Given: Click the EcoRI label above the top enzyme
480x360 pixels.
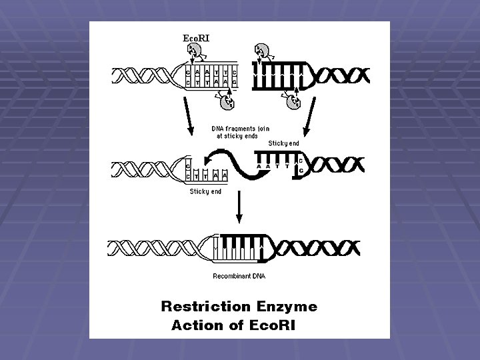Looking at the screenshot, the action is [x=197, y=38].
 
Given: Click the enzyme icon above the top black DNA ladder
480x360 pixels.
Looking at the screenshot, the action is [x=261, y=51].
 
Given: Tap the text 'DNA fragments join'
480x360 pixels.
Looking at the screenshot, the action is [x=241, y=128].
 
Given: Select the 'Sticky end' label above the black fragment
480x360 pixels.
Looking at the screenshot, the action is [x=284, y=143].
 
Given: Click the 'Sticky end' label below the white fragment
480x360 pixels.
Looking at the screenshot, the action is [x=205, y=192].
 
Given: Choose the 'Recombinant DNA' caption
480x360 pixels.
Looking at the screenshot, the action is [x=239, y=276].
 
